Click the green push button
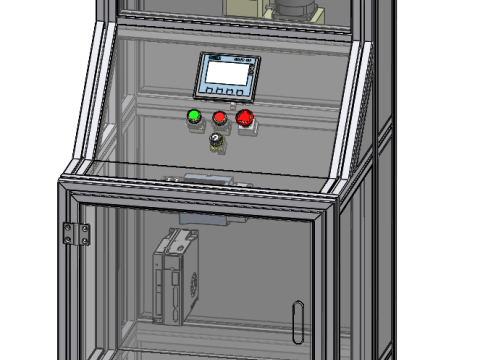[194, 117]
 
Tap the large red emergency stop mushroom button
[245, 119]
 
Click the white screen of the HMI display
[227, 72]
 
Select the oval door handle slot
[295, 320]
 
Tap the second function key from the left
[221, 92]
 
